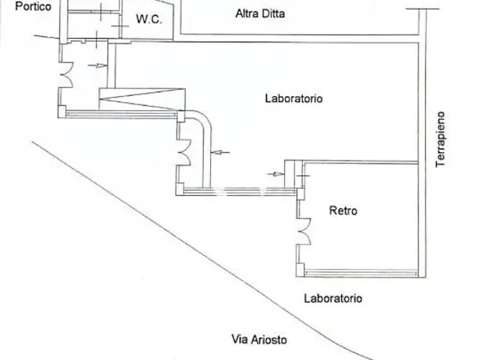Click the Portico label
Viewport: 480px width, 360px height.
point(16,6)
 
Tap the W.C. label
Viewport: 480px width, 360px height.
point(149,20)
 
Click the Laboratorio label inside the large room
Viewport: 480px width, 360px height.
point(294,98)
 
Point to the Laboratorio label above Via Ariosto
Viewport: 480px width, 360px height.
point(333,298)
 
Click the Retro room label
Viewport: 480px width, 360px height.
point(343,211)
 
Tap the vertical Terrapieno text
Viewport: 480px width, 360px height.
point(441,139)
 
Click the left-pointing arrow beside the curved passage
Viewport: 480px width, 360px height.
point(220,153)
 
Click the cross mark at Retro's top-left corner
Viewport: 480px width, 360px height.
point(301,177)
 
